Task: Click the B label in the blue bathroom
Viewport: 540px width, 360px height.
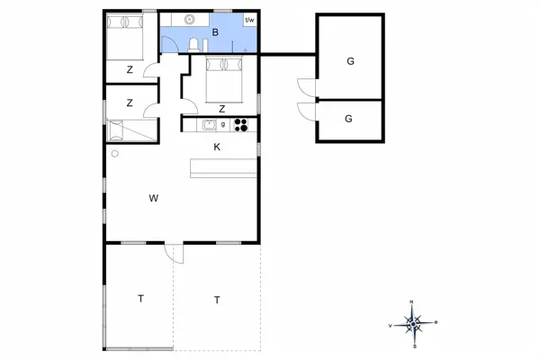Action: click(x=215, y=32)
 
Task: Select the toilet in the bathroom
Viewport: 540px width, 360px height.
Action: click(x=194, y=45)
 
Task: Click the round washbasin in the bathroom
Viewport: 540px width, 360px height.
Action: click(x=191, y=18)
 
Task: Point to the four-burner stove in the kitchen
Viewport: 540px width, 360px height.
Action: click(x=241, y=125)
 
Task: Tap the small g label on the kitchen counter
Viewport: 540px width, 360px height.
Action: click(x=223, y=123)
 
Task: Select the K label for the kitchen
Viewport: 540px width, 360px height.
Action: click(x=217, y=146)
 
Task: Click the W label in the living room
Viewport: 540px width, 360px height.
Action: click(x=154, y=197)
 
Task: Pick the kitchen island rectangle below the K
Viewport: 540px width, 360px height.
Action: click(x=222, y=166)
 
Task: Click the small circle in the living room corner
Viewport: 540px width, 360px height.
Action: click(x=114, y=154)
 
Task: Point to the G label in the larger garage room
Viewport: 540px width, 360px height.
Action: click(x=350, y=61)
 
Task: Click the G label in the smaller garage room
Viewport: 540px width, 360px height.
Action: click(x=349, y=118)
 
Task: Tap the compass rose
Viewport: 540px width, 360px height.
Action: click(x=412, y=323)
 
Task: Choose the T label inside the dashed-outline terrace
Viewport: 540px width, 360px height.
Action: click(x=217, y=300)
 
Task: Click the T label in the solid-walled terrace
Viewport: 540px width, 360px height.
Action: click(x=140, y=298)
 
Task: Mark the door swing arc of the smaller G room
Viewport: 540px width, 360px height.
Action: click(x=305, y=112)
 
